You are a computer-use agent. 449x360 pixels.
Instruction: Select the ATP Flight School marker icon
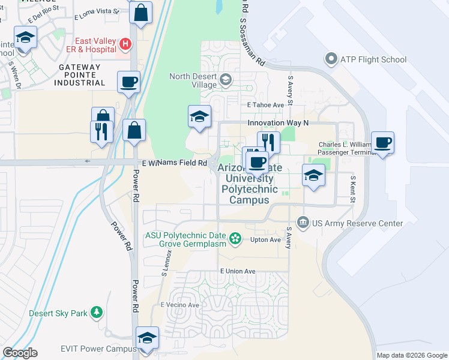click(330, 59)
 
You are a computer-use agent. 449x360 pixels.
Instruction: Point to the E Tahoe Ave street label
click(266, 105)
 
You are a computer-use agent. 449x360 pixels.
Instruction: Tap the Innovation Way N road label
click(278, 122)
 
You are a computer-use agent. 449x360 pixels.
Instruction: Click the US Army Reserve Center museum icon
click(303, 223)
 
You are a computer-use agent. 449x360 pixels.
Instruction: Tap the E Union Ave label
click(238, 271)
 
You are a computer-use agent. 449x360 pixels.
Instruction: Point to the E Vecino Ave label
click(179, 305)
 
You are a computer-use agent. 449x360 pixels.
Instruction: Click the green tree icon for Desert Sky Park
click(96, 313)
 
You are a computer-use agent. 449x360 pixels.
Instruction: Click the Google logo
click(20, 353)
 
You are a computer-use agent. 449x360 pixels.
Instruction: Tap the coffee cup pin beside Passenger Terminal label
click(382, 143)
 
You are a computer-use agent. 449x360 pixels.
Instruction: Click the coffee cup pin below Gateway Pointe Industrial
click(128, 82)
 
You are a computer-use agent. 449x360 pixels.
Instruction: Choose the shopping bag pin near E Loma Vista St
click(140, 13)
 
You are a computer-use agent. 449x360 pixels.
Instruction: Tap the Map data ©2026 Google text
click(411, 355)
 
